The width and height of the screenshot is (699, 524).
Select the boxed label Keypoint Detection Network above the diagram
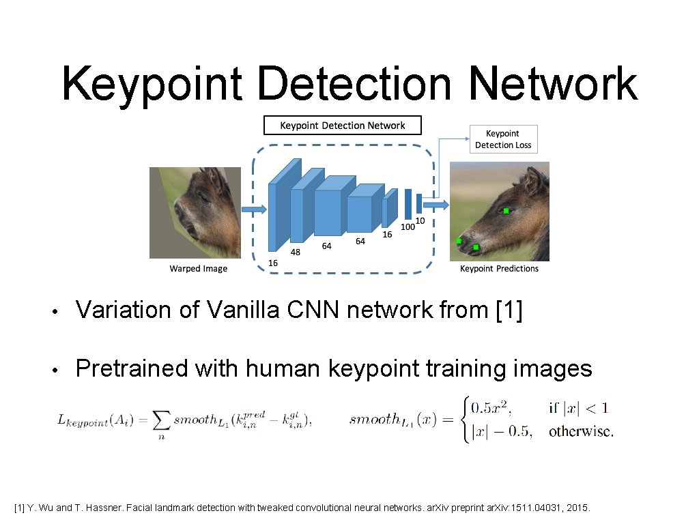coord(343,126)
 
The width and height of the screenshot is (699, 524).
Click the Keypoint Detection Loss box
coord(503,139)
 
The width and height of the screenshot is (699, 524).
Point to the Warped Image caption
coord(198,269)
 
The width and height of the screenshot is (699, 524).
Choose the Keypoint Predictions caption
coord(499,269)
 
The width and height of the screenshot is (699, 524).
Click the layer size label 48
coord(296,252)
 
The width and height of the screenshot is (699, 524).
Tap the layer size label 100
coord(407,227)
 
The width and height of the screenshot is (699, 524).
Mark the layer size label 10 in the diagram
coord(420,220)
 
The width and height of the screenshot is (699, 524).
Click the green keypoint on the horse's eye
coord(506,212)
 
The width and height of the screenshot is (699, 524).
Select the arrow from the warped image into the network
coord(253,208)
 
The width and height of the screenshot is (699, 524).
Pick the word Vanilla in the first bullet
coord(244,310)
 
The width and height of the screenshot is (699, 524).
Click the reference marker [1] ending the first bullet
coord(508,310)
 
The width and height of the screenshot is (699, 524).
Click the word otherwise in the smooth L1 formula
coord(581,431)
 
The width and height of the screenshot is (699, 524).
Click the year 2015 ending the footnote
coord(586,508)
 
